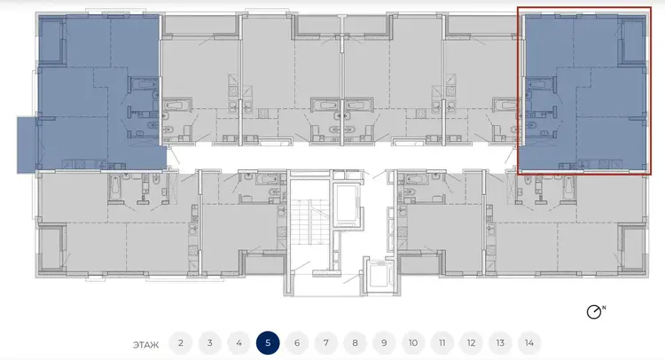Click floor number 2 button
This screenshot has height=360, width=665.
click(181, 343)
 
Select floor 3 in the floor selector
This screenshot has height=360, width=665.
click(209, 343)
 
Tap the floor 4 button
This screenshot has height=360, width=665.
click(239, 343)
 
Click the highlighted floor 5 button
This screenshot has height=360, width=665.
click(268, 343)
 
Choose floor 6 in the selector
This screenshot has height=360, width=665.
click(297, 343)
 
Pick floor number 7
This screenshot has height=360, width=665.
click(325, 343)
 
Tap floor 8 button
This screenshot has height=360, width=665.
click(355, 343)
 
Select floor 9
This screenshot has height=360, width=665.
click(384, 343)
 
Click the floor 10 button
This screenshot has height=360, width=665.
click(413, 343)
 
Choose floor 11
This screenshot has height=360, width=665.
click(442, 343)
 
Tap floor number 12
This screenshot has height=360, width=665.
click(471, 343)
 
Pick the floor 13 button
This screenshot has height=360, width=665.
click(500, 343)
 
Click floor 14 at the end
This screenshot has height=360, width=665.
click(528, 343)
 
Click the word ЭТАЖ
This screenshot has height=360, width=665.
click(146, 345)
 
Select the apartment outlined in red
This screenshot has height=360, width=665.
click(584, 90)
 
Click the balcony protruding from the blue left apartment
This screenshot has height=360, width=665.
click(27, 145)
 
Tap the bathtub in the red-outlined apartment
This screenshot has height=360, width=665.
click(540, 84)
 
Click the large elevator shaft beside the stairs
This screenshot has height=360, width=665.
click(346, 203)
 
